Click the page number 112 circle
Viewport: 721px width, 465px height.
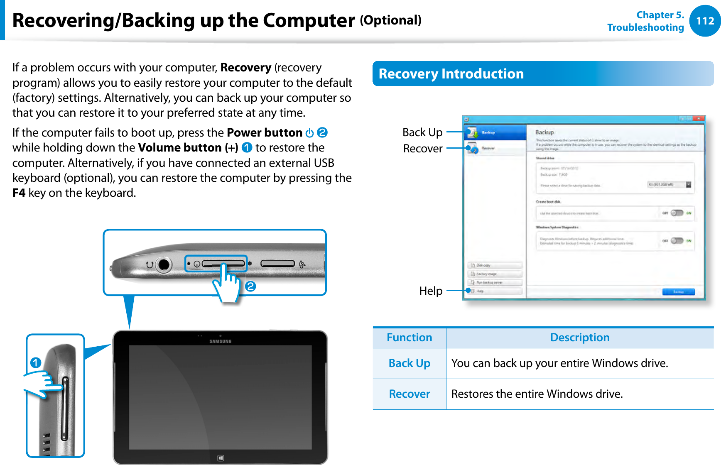(705, 21)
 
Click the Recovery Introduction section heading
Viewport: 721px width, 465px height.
(451, 74)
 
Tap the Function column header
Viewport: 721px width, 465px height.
(409, 338)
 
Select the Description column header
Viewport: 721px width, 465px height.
(579, 338)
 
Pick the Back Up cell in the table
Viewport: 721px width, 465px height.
(409, 363)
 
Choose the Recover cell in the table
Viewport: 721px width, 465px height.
(409, 394)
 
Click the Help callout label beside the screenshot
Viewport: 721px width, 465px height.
(431, 291)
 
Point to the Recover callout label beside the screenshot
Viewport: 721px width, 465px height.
(422, 149)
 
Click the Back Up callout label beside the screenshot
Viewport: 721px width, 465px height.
(422, 132)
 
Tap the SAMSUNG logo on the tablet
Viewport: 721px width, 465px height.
(220, 341)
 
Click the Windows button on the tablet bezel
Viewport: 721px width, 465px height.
(221, 458)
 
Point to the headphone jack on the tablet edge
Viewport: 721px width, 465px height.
(164, 264)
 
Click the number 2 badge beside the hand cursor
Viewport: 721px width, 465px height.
(250, 286)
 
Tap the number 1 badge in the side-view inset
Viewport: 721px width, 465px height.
(36, 363)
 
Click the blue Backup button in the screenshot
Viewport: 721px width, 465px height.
(678, 292)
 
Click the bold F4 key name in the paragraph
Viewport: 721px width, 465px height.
(19, 193)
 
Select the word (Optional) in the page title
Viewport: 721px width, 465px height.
(390, 20)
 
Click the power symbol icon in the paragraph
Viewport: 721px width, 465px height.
(309, 133)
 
